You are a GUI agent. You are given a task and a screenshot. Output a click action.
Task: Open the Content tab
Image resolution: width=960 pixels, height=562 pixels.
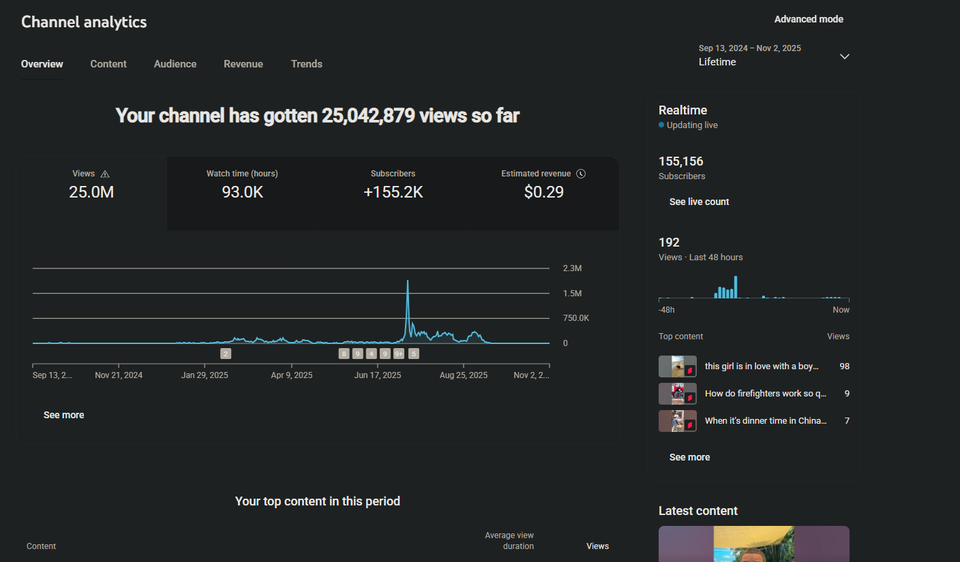click(x=108, y=64)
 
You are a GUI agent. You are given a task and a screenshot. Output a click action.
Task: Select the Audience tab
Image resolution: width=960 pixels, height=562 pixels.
click(x=175, y=64)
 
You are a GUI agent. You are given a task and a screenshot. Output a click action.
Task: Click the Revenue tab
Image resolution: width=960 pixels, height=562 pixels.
click(x=243, y=64)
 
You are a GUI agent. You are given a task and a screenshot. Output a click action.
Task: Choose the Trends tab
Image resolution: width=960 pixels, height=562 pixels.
click(x=307, y=64)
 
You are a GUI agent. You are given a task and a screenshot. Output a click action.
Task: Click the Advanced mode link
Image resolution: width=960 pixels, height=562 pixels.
click(x=809, y=19)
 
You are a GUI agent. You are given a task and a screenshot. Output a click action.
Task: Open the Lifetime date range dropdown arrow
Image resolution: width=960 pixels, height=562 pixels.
click(x=845, y=57)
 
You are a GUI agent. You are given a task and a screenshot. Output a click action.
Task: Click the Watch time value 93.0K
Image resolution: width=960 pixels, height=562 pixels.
click(x=242, y=192)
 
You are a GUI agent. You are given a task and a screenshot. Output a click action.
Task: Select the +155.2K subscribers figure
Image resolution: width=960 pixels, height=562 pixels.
click(x=393, y=192)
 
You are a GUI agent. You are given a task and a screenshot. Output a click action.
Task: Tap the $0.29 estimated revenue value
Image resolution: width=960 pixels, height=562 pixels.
click(x=544, y=192)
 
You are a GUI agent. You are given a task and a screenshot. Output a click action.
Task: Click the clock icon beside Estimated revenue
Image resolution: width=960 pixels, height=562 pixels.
click(x=581, y=174)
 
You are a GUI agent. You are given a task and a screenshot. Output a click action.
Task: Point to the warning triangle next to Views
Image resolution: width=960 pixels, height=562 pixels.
click(x=105, y=174)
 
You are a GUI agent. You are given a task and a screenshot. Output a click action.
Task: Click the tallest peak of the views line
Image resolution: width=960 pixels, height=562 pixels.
click(x=408, y=281)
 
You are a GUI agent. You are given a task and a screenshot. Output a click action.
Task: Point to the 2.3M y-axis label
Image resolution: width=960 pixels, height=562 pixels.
click(x=572, y=268)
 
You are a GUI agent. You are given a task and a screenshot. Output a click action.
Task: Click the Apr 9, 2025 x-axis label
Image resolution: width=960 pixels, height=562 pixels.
click(x=292, y=375)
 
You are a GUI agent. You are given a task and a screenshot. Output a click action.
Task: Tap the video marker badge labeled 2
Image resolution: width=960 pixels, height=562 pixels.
click(x=226, y=354)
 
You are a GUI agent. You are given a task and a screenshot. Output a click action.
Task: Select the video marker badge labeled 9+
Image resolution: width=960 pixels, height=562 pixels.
click(x=399, y=354)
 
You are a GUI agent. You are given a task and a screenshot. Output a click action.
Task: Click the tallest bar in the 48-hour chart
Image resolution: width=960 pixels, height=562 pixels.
click(x=736, y=287)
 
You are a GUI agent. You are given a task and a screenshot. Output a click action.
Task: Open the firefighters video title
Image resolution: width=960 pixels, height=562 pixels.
click(x=765, y=393)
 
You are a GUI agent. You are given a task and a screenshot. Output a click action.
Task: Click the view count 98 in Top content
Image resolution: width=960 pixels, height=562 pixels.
click(x=844, y=366)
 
